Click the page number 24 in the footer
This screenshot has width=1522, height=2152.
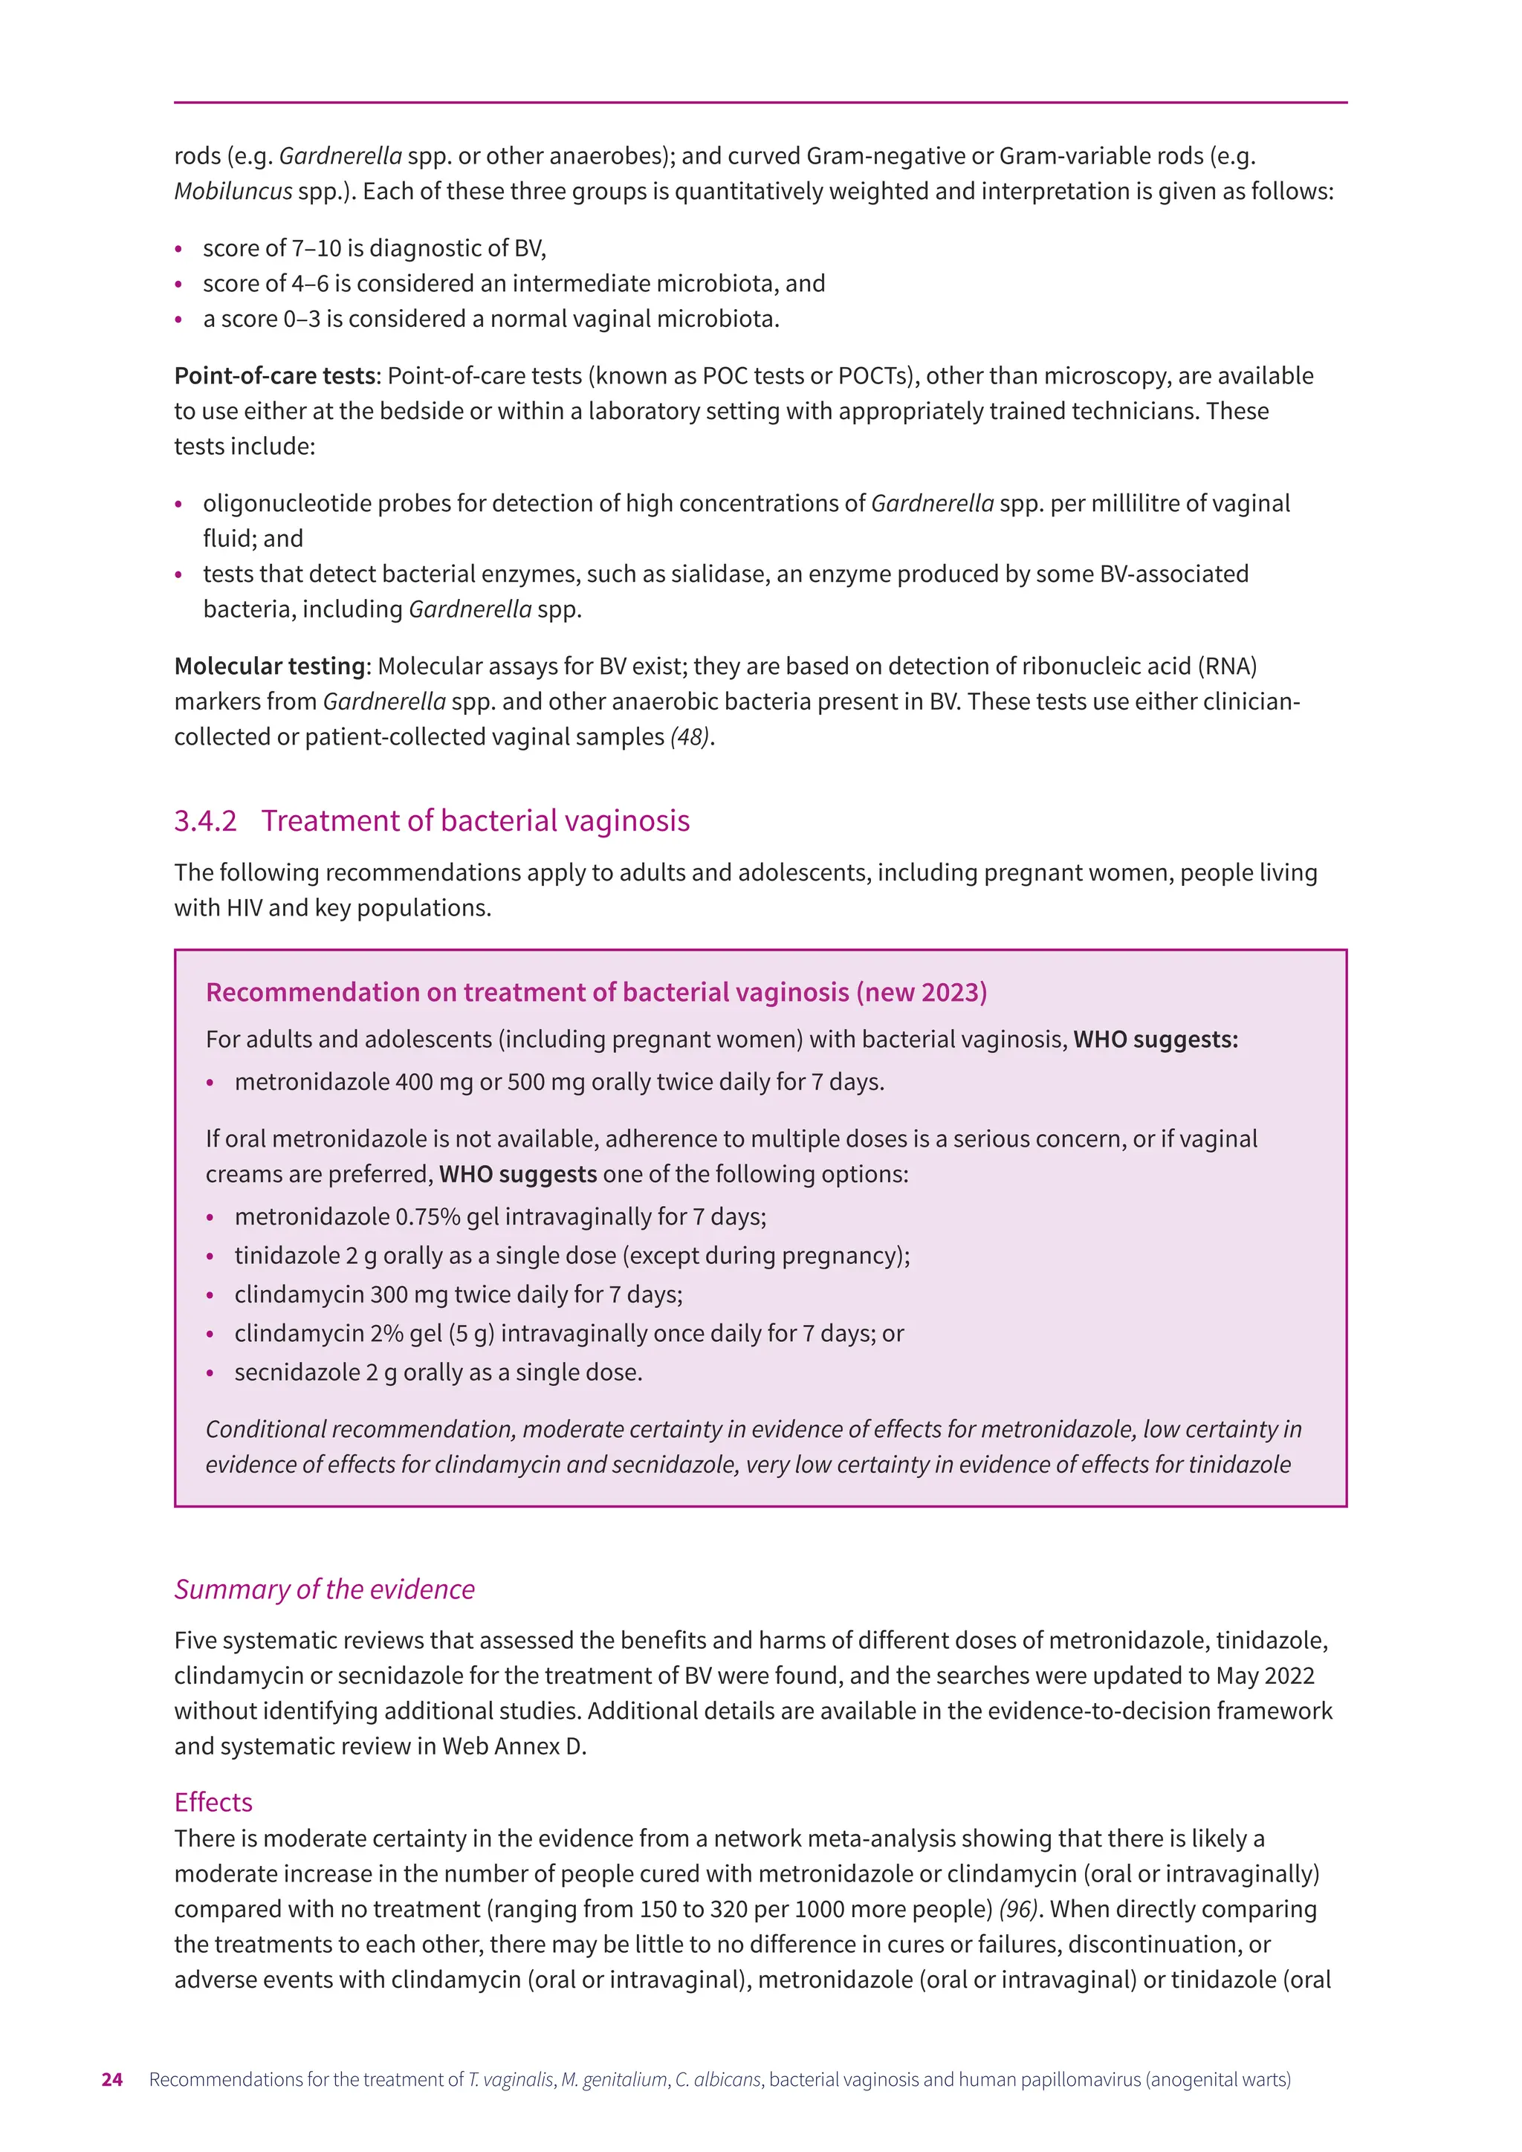pyautogui.click(x=111, y=2079)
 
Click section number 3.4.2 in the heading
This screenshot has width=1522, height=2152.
pyautogui.click(x=205, y=820)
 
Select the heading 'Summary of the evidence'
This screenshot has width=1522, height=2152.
pyautogui.click(x=324, y=1589)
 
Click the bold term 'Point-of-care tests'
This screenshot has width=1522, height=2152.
pyautogui.click(x=274, y=376)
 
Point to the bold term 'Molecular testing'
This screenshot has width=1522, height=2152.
pyautogui.click(x=269, y=667)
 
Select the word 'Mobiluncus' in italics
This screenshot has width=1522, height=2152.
pyautogui.click(x=233, y=191)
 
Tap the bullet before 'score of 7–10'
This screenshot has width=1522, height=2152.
pyautogui.click(x=179, y=250)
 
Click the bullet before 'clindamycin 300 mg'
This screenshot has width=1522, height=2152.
pyautogui.click(x=210, y=1296)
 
